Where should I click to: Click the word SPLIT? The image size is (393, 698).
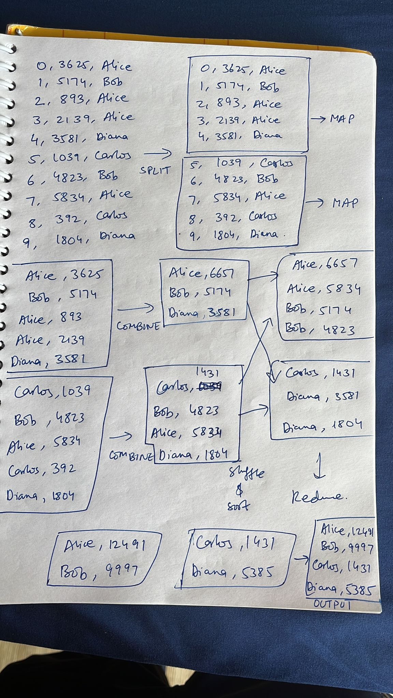click(154, 170)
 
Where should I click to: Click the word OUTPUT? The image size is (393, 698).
click(332, 604)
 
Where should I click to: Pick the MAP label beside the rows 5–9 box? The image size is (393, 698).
click(345, 203)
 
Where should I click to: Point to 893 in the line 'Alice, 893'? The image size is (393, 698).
click(71, 317)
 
